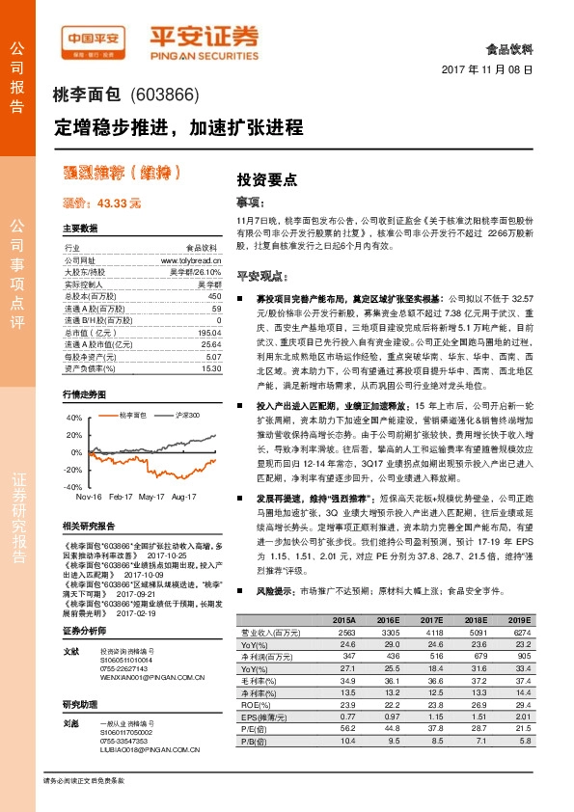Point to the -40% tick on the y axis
pos(74,488)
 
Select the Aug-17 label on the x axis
pos(183,498)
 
